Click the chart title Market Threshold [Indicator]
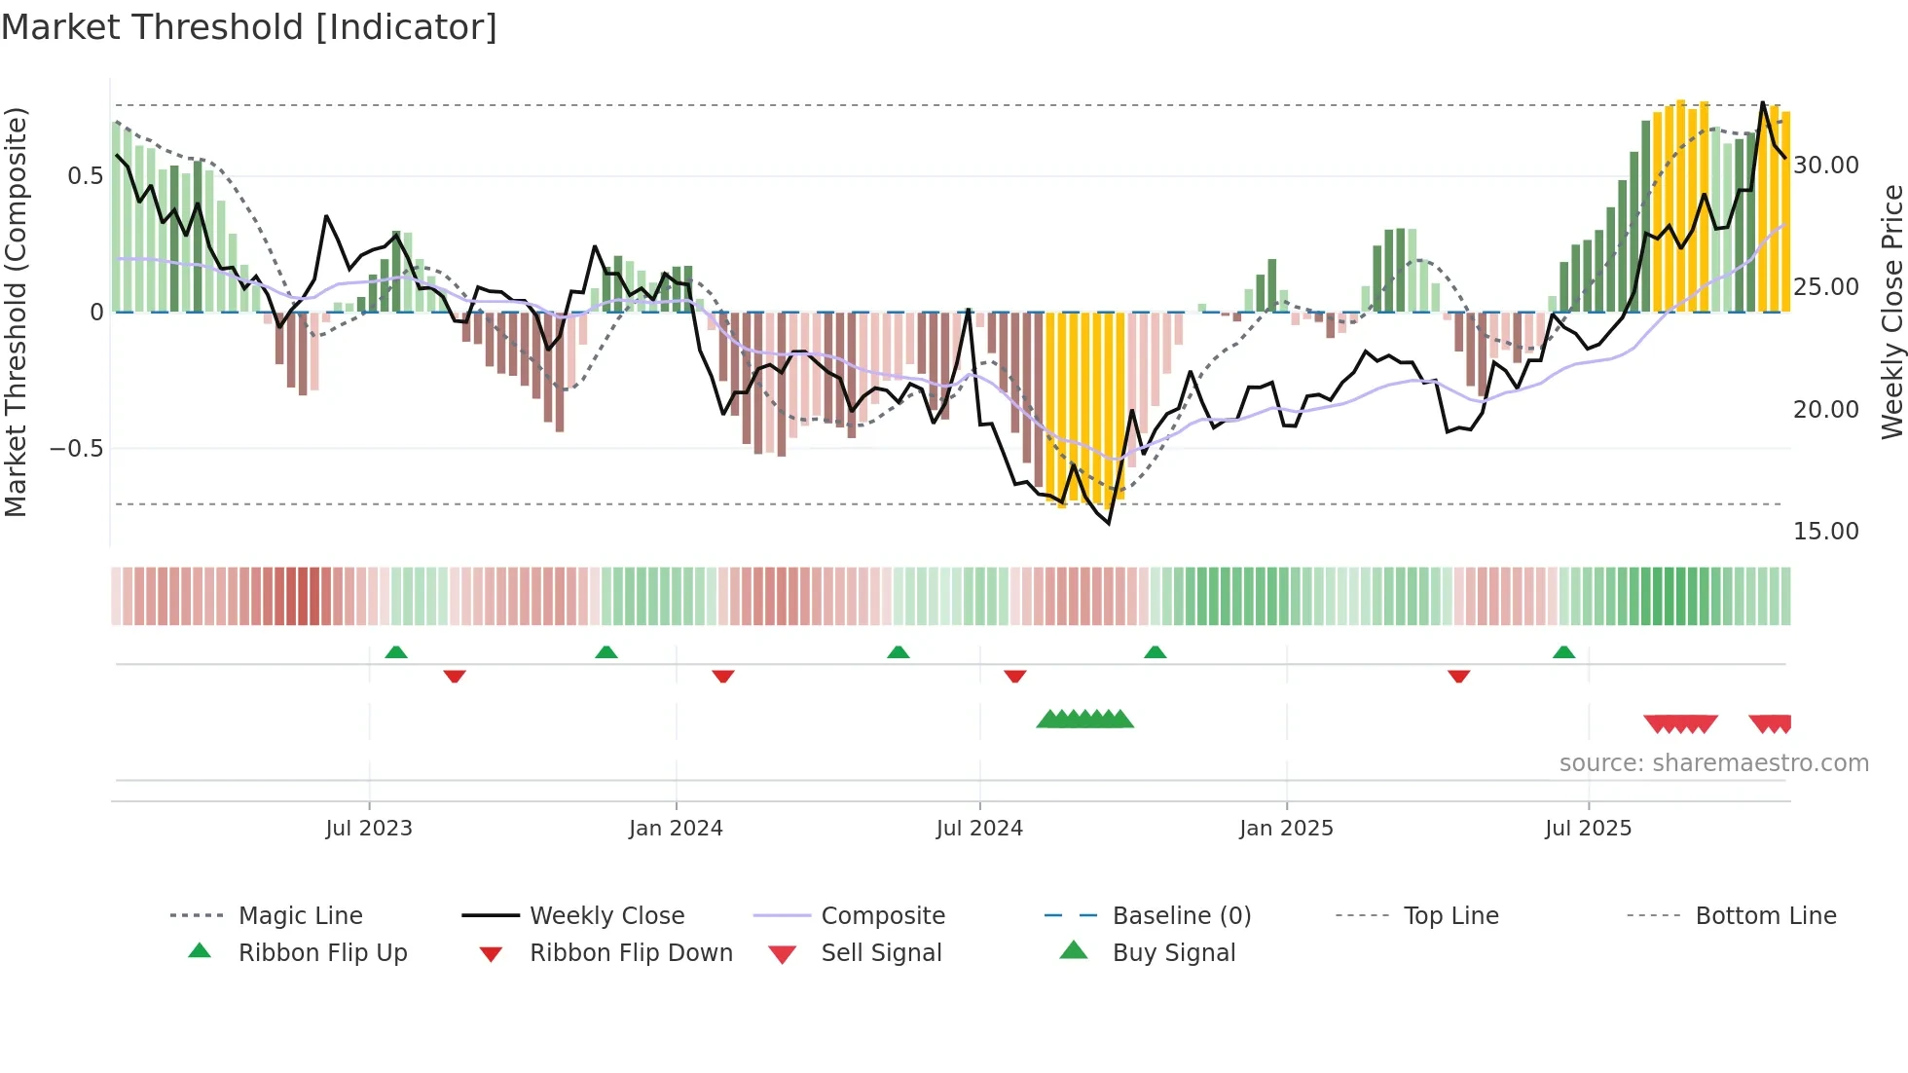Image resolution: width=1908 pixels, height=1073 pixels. pyautogui.click(x=249, y=27)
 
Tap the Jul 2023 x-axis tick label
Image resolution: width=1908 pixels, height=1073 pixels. pyautogui.click(x=369, y=829)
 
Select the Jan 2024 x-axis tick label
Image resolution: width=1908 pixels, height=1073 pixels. pyautogui.click(x=676, y=829)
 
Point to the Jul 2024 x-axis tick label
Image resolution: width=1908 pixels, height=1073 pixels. pyautogui.click(x=979, y=829)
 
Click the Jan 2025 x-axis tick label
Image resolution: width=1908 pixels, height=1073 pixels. pyautogui.click(x=1286, y=829)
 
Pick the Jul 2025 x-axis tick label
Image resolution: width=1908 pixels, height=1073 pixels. pyautogui.click(x=1588, y=829)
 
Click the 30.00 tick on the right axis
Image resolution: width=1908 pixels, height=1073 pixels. pyautogui.click(x=1826, y=166)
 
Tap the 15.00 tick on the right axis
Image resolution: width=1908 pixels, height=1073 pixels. pyautogui.click(x=1826, y=532)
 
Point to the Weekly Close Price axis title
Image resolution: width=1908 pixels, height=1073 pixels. pyautogui.click(x=1891, y=312)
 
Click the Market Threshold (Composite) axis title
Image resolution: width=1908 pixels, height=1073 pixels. pyautogui.click(x=16, y=312)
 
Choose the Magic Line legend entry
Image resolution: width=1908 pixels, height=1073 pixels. pyautogui.click(x=300, y=916)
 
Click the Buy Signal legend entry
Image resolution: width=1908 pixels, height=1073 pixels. pyautogui.click(x=1173, y=953)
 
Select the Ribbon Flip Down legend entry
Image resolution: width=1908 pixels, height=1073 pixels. pyautogui.click(x=631, y=953)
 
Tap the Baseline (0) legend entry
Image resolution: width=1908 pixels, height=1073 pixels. pyautogui.click(x=1181, y=916)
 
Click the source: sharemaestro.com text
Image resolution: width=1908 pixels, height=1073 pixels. pyautogui.click(x=1713, y=763)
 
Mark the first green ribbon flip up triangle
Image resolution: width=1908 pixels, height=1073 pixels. pyautogui.click(x=396, y=652)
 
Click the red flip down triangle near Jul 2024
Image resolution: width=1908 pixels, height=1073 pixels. pyautogui.click(x=1015, y=676)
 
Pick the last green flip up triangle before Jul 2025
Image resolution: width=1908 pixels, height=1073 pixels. pyautogui.click(x=1563, y=652)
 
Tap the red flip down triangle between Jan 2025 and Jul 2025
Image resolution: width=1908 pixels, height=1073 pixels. pyautogui.click(x=1458, y=676)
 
